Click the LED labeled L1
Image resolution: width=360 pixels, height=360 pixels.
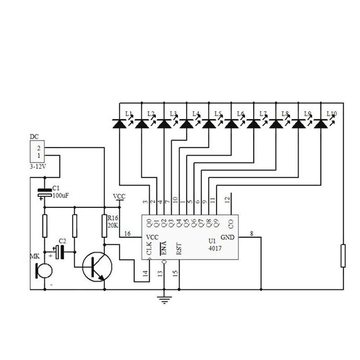coord(120,122)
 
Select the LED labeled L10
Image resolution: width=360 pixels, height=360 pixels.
coord(320,122)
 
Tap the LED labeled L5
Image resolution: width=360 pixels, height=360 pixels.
coord(209,122)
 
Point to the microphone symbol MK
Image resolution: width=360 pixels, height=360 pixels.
coord(44,270)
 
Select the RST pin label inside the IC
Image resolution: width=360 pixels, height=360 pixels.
coord(179,249)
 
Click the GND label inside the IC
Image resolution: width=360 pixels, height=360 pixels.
coord(227,237)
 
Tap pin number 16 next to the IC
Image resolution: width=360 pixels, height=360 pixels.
coord(127,234)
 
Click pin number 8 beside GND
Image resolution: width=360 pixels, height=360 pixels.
coord(251,233)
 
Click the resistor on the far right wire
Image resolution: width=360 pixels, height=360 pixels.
coord(343,255)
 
